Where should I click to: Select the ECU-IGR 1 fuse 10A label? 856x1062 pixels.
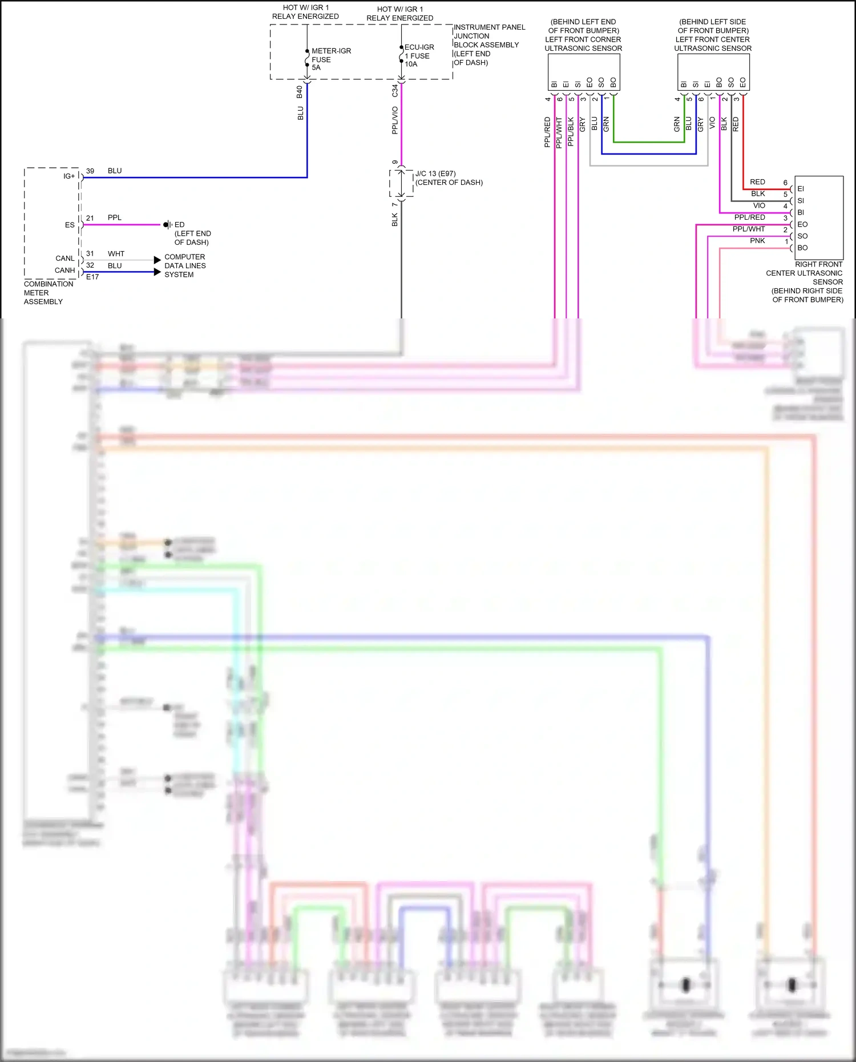tap(419, 55)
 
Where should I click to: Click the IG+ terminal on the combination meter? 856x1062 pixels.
tap(69, 176)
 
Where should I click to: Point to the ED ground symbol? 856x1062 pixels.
tap(167, 225)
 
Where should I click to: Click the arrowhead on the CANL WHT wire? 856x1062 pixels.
tap(157, 260)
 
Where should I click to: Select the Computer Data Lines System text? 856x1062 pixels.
tap(184, 266)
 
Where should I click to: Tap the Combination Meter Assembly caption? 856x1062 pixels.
tap(48, 293)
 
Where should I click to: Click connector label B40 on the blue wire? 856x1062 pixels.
tap(300, 92)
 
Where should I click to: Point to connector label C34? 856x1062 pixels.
tap(394, 91)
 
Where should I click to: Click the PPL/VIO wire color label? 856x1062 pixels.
tap(394, 120)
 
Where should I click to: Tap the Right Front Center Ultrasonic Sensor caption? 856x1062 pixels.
tap(805, 282)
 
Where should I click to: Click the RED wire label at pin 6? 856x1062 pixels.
tap(757, 182)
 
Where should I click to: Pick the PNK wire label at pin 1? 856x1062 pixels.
tap(757, 241)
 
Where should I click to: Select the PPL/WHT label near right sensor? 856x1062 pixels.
tap(748, 229)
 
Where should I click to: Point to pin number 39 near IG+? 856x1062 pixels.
tap(90, 171)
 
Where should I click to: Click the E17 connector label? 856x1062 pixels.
tap(92, 277)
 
